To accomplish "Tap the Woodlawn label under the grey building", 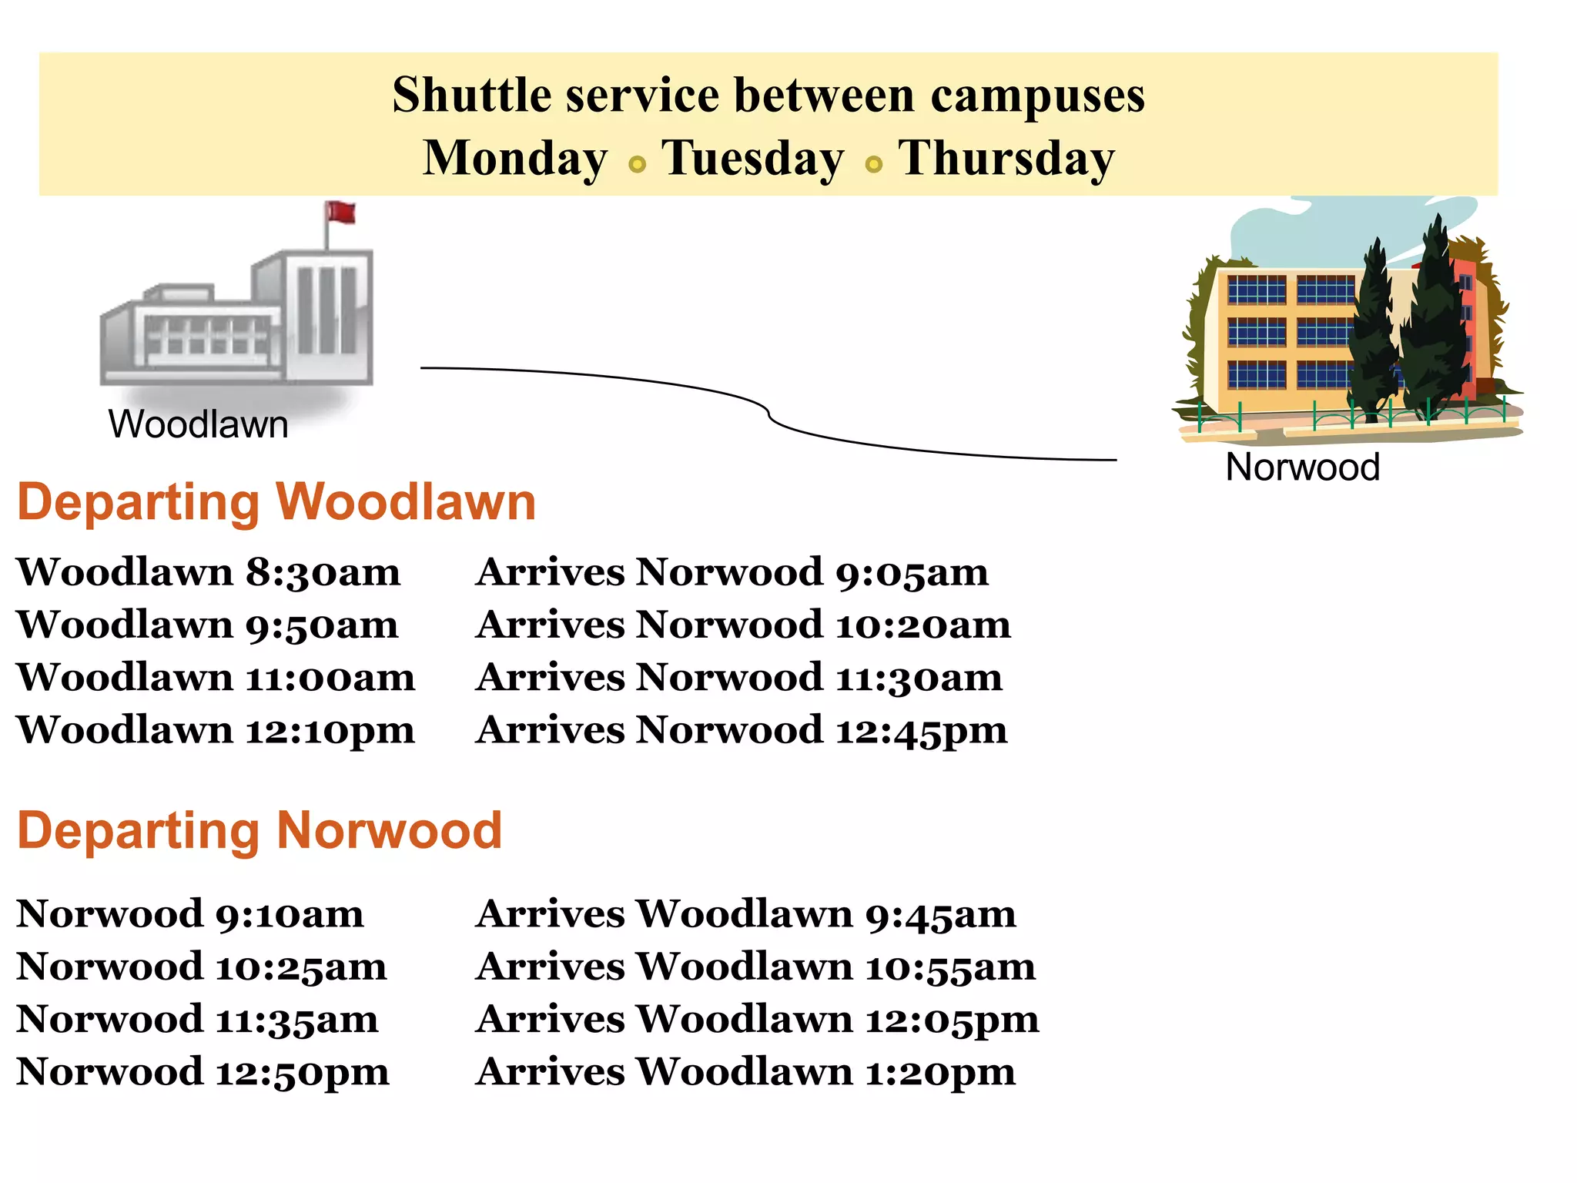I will pos(198,424).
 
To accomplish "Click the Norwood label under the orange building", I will pos(1302,467).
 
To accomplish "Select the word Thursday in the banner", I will pos(1006,158).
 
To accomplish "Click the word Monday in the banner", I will pos(515,158).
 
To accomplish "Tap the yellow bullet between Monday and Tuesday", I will pos(637,164).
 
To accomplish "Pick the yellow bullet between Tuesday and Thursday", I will pos(873,164).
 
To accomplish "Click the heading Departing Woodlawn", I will pos(276,502).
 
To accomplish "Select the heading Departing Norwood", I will pos(259,830).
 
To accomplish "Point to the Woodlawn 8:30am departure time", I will pos(208,572).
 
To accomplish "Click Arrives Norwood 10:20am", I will pos(743,625).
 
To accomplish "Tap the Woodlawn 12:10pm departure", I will pos(216,729).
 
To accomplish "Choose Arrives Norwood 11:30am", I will pos(739,678).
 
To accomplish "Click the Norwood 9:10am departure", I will pos(190,914).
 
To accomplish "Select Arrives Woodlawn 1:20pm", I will pos(745,1071).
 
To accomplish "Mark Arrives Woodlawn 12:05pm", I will pos(758,1019).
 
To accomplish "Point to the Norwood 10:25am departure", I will pos(202,967).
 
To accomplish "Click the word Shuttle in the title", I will pos(471,96).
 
